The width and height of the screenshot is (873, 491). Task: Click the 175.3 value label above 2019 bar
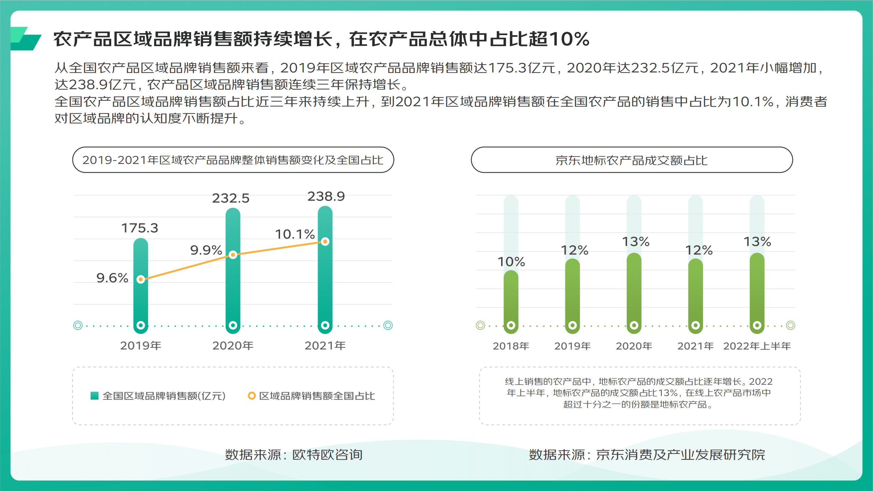pyautogui.click(x=140, y=228)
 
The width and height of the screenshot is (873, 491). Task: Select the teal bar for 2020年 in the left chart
pyautogui.click(x=233, y=290)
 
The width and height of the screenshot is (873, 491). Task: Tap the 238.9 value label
pyautogui.click(x=326, y=197)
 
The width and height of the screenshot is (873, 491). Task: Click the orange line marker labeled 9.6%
pyautogui.click(x=141, y=279)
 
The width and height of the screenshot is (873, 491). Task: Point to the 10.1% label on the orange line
pyautogui.click(x=295, y=234)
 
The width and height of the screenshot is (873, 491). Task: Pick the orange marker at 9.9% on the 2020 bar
pyautogui.click(x=233, y=255)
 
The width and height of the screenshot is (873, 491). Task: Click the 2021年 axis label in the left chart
pyautogui.click(x=325, y=346)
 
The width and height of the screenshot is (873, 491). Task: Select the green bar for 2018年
pyautogui.click(x=511, y=300)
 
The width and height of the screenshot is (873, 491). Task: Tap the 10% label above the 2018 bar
pyautogui.click(x=511, y=262)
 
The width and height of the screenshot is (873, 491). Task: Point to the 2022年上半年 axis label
pyautogui.click(x=757, y=346)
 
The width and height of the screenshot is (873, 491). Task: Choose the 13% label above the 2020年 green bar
pyautogui.click(x=636, y=242)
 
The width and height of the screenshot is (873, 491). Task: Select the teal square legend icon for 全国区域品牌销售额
pyautogui.click(x=94, y=395)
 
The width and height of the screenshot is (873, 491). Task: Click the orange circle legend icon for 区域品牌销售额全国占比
pyautogui.click(x=251, y=395)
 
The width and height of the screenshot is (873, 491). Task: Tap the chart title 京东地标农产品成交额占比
pyautogui.click(x=631, y=160)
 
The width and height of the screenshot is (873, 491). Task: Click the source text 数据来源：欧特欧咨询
pyautogui.click(x=293, y=454)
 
